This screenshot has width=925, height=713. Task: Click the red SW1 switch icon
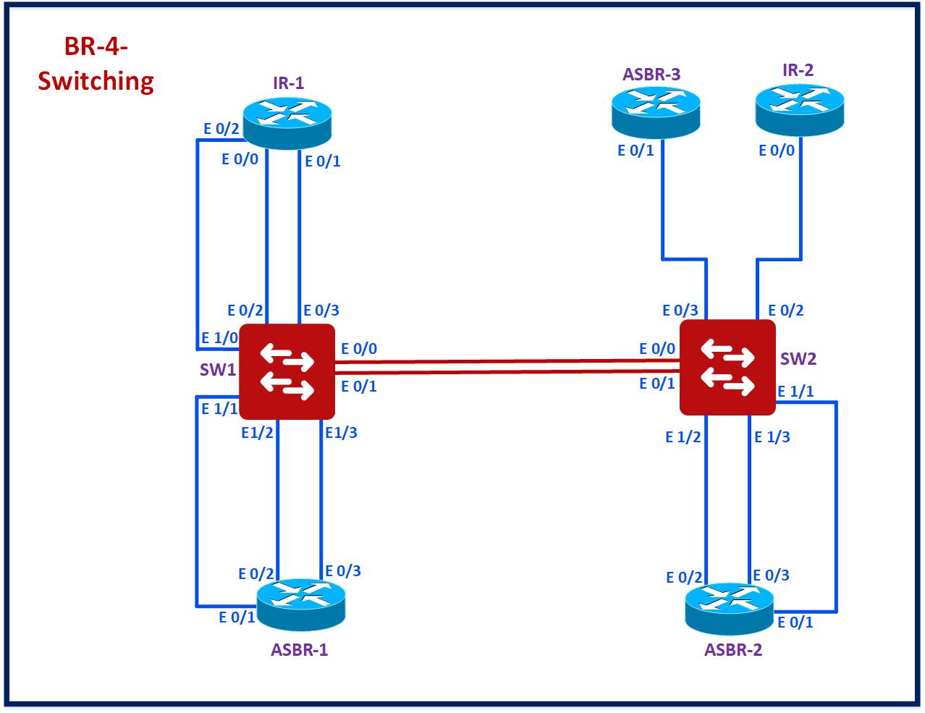287,371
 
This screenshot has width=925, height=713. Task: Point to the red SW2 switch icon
727,368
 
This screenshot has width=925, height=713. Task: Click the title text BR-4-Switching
96,64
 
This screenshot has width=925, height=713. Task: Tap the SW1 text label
218,370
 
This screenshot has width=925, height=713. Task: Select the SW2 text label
798,359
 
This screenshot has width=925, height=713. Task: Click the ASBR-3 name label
651,74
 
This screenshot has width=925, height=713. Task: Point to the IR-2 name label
798,70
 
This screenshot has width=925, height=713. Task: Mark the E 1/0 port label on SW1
219,337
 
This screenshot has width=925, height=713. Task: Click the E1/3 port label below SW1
341,433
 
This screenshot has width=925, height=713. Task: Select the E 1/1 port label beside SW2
795,392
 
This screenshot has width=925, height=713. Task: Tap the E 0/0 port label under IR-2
776,151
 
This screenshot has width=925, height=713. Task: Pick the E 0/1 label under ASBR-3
635,151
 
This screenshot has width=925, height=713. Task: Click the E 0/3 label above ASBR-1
342,570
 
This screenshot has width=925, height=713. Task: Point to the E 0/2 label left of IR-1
221,129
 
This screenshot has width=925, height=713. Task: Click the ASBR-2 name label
732,649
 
